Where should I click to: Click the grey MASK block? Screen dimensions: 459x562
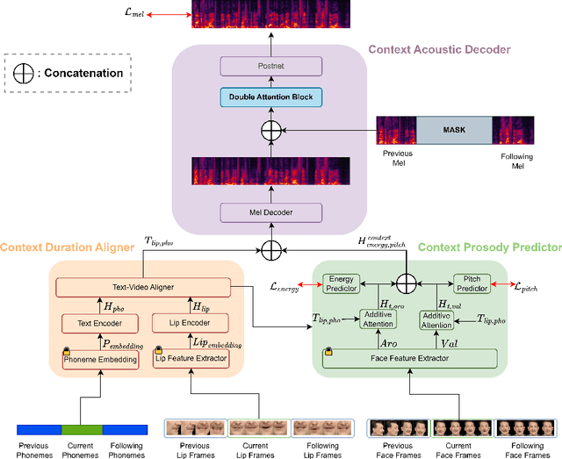[454, 130]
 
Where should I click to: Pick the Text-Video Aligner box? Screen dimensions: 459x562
[142, 286]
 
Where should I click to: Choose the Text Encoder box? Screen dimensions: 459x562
[98, 324]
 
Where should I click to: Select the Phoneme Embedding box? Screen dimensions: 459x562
[99, 359]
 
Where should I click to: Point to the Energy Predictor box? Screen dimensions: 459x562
[341, 283]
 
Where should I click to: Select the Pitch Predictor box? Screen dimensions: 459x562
[471, 283]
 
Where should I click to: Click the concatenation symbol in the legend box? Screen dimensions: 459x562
[25, 73]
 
